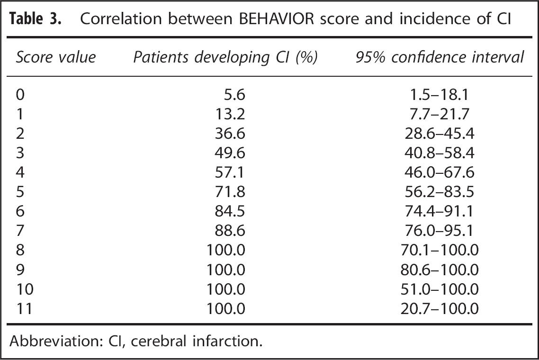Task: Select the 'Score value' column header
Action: click(56, 57)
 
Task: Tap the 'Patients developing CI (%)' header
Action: click(225, 57)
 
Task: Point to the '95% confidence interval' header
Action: click(440, 57)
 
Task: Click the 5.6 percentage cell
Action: click(234, 95)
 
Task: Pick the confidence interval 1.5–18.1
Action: click(440, 95)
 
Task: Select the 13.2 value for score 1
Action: click(230, 114)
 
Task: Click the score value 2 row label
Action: click(20, 133)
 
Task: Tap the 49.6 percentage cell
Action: click(230, 153)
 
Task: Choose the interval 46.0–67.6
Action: click(440, 171)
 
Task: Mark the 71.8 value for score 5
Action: click(230, 191)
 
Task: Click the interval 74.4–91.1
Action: click(440, 210)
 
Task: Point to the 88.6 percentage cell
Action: click(230, 230)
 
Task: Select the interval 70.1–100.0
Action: click(440, 250)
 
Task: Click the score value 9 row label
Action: click(20, 269)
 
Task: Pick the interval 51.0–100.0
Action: click(440, 289)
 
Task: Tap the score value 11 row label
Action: click(25, 308)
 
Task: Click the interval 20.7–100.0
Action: click(440, 308)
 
